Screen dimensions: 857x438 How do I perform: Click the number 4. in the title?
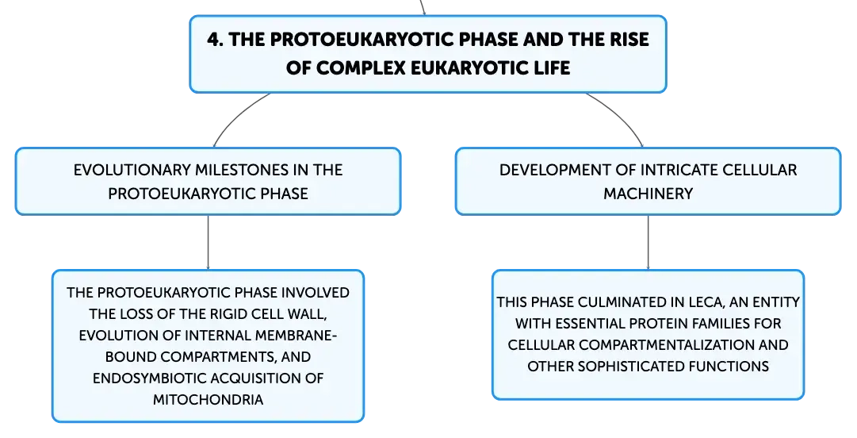[216, 40]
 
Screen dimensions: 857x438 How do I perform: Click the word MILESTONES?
[241, 170]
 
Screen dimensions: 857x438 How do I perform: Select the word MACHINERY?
[648, 194]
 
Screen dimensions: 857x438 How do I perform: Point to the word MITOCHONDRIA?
[209, 400]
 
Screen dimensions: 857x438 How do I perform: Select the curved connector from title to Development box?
[620, 116]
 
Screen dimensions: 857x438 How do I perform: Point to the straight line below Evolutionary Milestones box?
[209, 242]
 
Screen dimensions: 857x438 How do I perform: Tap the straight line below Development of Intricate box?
[648, 242]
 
